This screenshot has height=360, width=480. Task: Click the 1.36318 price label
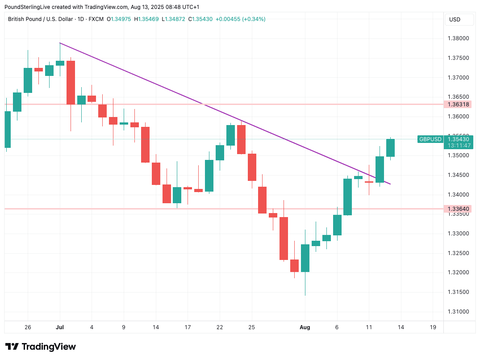[458, 105]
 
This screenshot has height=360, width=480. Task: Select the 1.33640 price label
[458, 209]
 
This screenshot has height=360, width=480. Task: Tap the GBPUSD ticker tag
[430, 139]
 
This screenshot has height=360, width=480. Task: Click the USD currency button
[455, 20]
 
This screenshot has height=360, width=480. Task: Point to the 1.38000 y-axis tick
[458, 38]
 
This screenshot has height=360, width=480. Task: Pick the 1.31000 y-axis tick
[458, 312]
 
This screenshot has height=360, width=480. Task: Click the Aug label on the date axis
[305, 327]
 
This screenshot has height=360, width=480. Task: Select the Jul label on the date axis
[60, 327]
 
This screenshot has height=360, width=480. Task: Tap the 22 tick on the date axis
[220, 327]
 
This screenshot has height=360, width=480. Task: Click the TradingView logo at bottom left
[40, 347]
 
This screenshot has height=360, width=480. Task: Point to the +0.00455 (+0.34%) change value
[240, 19]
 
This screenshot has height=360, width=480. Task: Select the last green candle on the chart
[390, 148]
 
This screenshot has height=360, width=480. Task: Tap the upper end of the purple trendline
[60, 43]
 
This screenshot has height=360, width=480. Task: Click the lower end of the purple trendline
[390, 184]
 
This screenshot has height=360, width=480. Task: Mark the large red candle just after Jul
[71, 83]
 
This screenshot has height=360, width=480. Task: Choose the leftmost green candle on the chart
[7, 130]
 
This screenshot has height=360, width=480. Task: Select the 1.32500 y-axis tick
[458, 253]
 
